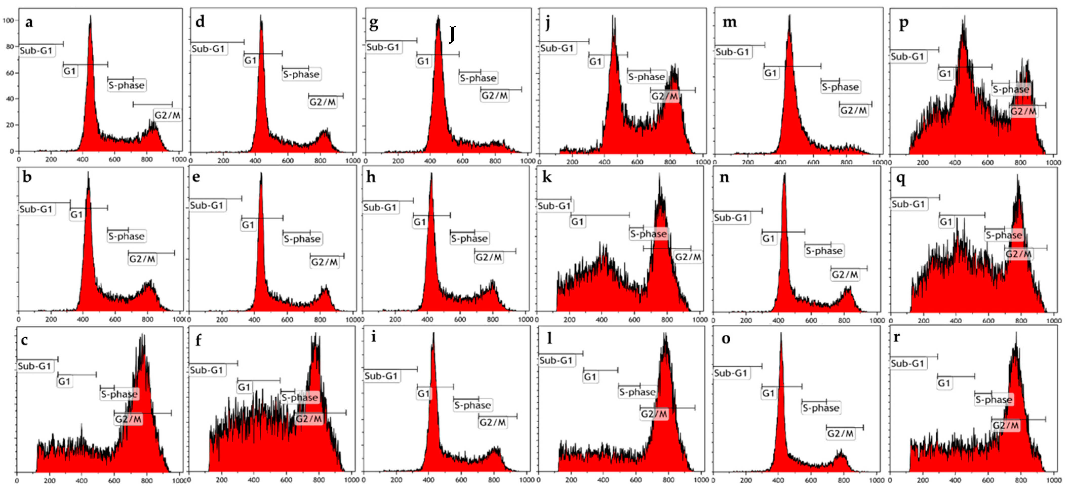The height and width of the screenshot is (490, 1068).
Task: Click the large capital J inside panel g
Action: (452, 34)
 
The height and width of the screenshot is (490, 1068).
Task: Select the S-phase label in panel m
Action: (840, 87)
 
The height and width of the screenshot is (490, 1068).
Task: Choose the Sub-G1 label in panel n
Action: (731, 218)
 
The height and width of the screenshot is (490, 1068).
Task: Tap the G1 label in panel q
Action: (946, 222)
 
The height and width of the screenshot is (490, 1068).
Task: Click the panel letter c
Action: (25, 340)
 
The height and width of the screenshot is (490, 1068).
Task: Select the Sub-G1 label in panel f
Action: (207, 370)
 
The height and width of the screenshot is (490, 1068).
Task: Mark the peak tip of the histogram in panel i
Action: (433, 334)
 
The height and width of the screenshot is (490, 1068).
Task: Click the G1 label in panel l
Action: (590, 377)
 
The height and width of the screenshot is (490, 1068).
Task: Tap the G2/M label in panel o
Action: (840, 434)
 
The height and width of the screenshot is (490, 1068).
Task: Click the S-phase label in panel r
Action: (993, 400)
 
